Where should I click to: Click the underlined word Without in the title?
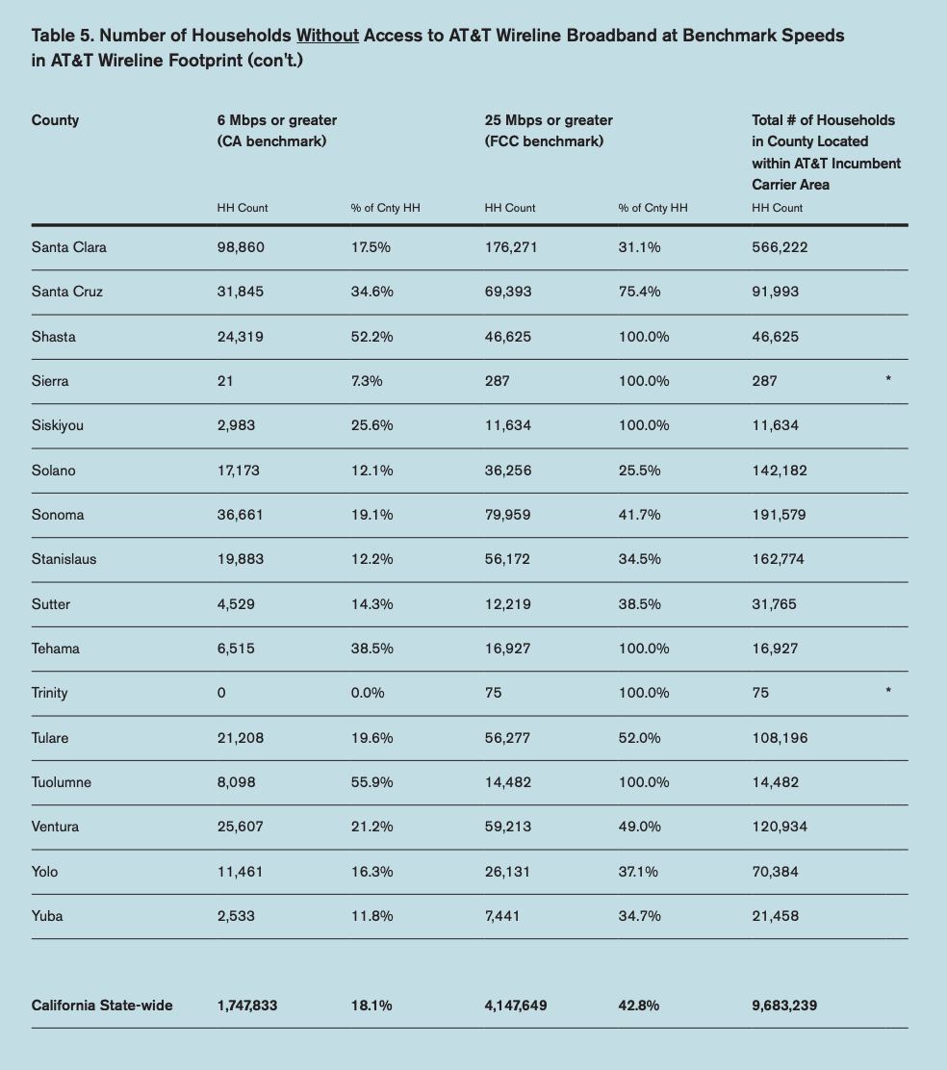[x=327, y=36]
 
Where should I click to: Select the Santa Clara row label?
[x=69, y=247]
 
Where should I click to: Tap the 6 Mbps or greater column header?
[x=277, y=120]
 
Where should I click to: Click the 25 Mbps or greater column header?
[x=549, y=120]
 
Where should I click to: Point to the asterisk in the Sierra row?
[x=888, y=379]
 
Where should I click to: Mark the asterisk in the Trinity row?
[x=888, y=691]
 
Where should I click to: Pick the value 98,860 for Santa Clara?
[x=241, y=247]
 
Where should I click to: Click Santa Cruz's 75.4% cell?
[x=639, y=292]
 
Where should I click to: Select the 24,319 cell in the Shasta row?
[x=241, y=337]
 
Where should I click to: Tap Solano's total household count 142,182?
[x=780, y=471]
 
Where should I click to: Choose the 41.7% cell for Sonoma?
[x=639, y=515]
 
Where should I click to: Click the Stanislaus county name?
[x=64, y=559]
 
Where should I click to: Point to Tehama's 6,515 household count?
[x=236, y=649]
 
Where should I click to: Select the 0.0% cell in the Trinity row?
[x=368, y=693]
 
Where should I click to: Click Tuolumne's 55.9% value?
[x=371, y=782]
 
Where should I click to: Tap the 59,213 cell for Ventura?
[x=507, y=827]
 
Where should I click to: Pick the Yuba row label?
[x=47, y=916]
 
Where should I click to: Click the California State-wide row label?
[x=102, y=1006]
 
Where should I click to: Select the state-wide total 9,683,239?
[x=784, y=1006]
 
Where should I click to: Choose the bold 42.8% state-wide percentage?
[x=639, y=1006]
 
